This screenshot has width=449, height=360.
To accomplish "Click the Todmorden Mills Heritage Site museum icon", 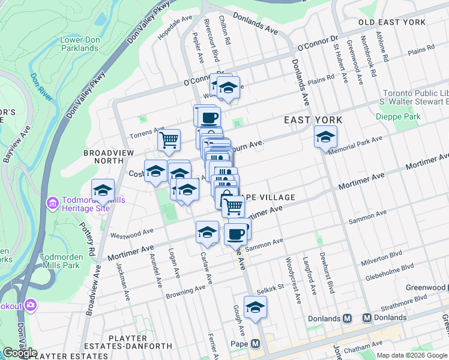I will coord(53,203).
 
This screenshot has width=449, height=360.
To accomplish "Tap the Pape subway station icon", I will coord(255,344).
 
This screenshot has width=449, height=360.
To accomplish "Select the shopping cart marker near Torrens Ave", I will coord(170,140).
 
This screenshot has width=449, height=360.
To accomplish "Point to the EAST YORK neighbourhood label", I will coord(313,120).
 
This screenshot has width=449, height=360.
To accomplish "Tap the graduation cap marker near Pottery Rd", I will coord(103,190).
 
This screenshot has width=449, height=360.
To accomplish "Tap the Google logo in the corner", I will coord(19,353).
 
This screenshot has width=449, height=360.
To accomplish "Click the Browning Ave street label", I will coord(186,292).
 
